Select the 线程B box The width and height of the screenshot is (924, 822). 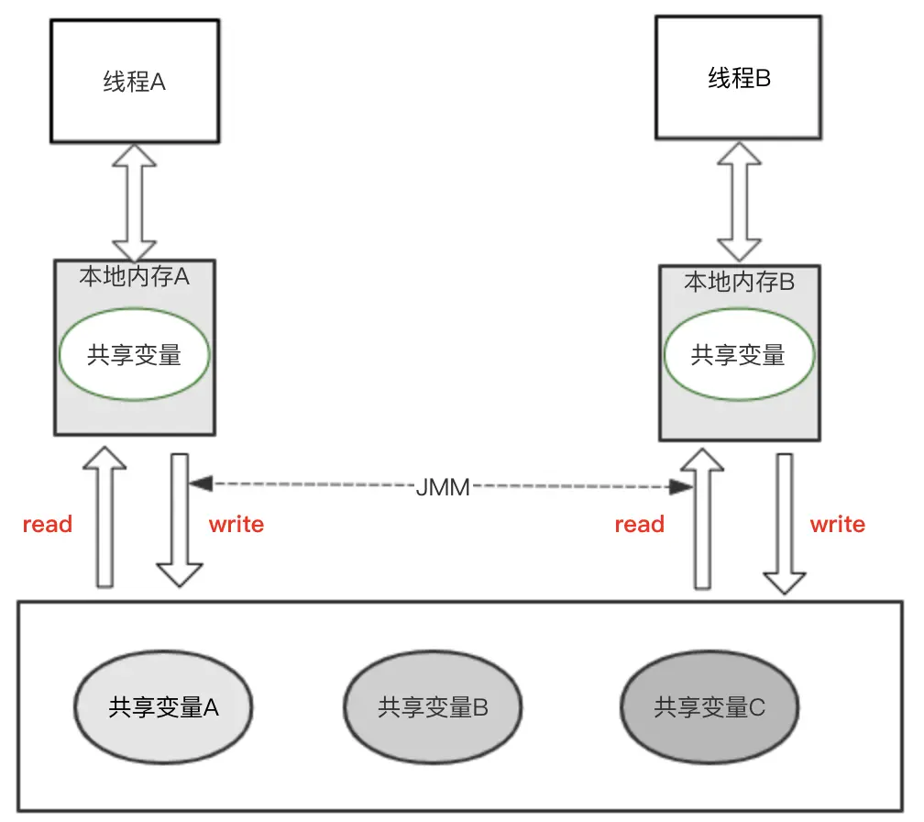pos(739,78)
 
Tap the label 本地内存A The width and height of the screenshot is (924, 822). pos(135,276)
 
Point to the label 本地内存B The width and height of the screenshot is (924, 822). pos(739,282)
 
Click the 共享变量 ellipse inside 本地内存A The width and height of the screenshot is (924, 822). pos(135,355)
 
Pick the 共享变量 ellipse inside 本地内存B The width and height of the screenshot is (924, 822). pos(738,355)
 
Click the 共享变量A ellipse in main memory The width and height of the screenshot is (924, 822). pos(164,707)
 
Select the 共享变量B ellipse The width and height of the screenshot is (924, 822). pos(433,707)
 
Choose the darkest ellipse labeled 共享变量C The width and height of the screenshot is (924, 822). pos(709,707)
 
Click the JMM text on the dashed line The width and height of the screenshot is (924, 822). pos(442,487)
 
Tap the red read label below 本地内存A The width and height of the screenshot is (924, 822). pos(48,524)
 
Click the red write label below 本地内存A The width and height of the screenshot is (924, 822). pos(236,524)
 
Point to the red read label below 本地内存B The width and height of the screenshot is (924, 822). pos(639,524)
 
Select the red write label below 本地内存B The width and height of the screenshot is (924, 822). pos(837,524)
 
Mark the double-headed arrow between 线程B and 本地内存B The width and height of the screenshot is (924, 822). pos(739,202)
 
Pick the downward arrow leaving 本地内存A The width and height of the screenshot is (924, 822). pos(180,518)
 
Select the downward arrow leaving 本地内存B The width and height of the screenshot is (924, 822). pos(786,523)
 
